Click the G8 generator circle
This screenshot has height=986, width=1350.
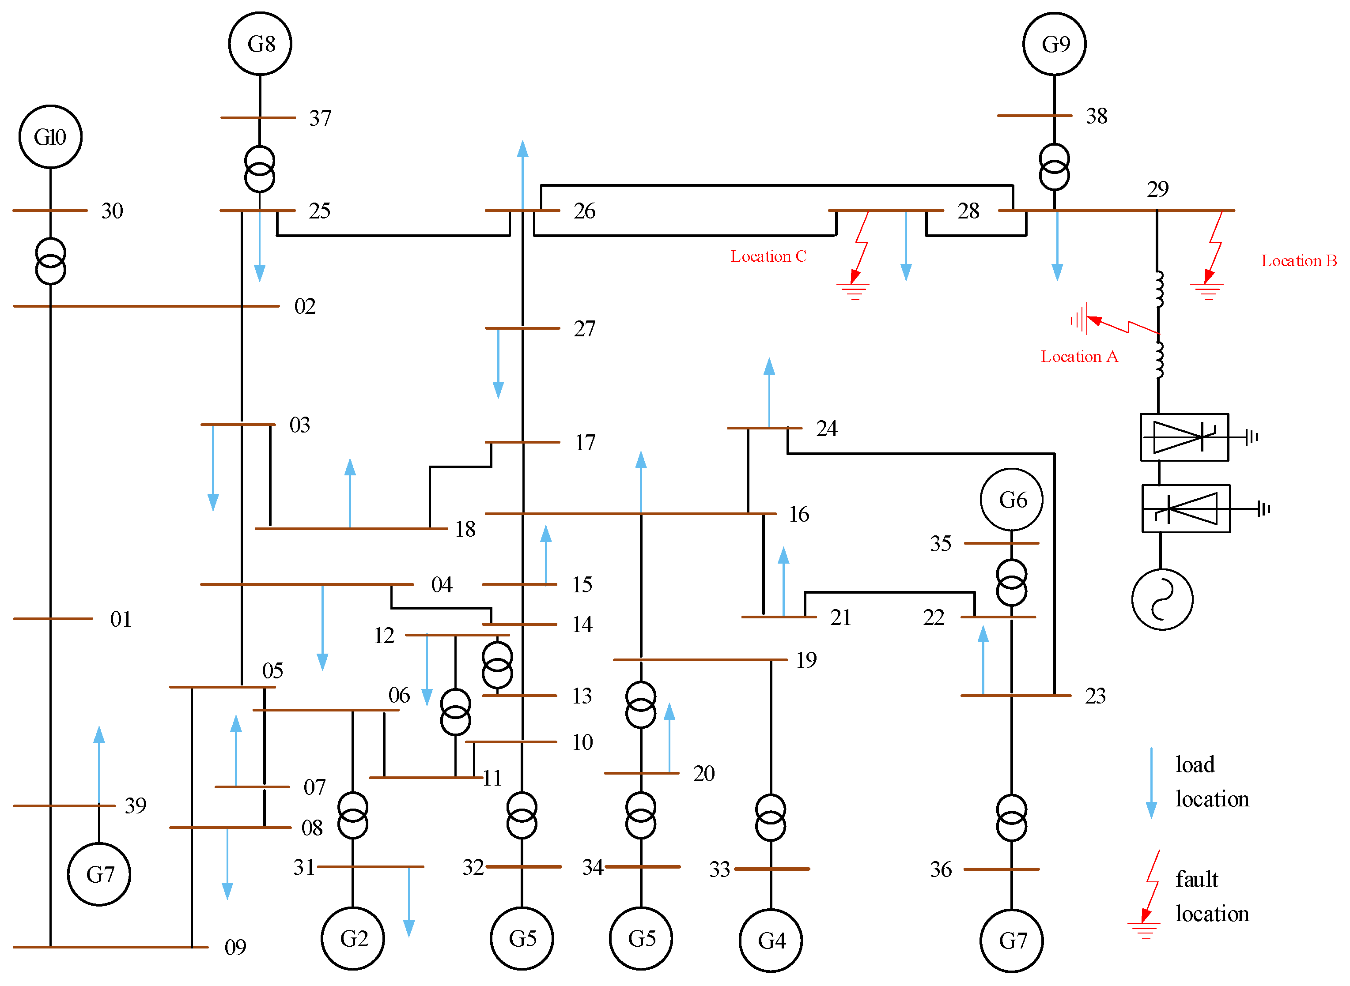pos(260,44)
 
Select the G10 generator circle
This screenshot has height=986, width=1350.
pos(50,137)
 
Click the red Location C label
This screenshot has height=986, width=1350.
pos(768,256)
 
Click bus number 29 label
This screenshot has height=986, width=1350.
pos(1157,189)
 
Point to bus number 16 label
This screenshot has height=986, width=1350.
pos(798,514)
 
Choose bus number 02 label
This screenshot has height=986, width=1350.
pos(305,306)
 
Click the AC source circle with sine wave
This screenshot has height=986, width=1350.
pos(1162,599)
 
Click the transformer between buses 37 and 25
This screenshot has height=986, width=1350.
pos(260,169)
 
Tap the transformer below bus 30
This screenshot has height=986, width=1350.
pos(50,261)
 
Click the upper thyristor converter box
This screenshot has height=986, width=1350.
pos(1184,437)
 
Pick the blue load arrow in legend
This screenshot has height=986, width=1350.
pos(1151,783)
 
